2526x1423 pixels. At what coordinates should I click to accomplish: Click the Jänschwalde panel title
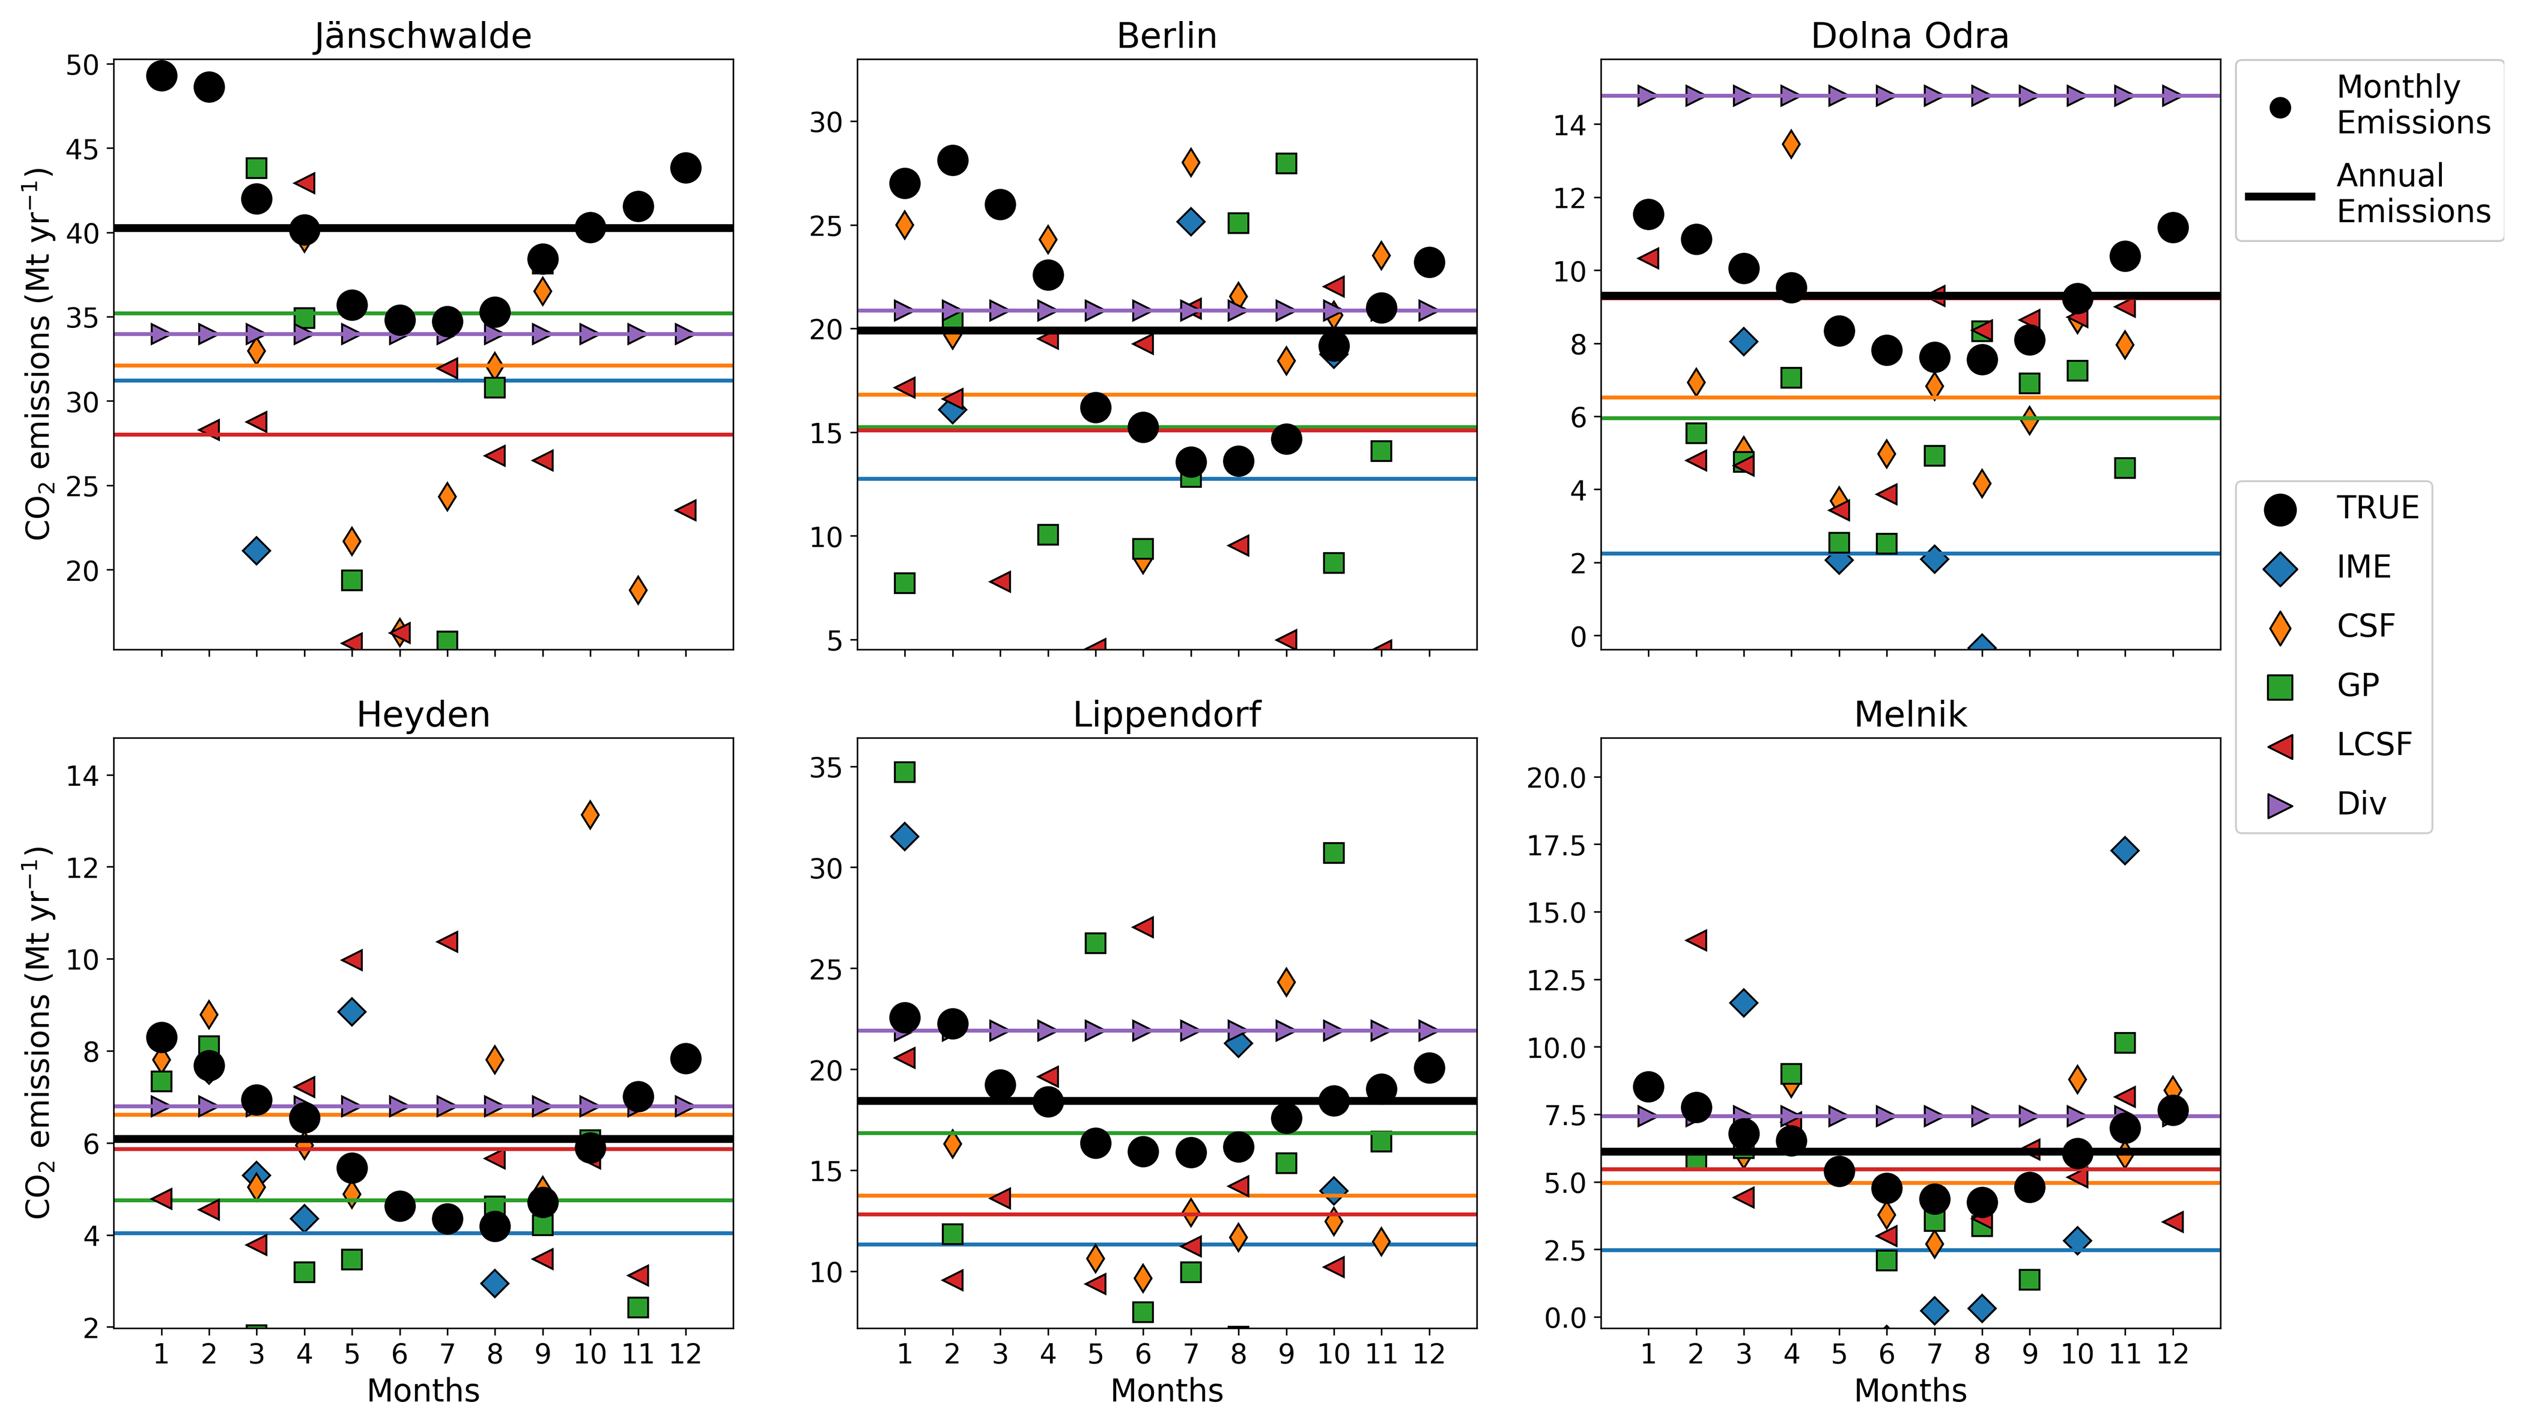point(423,36)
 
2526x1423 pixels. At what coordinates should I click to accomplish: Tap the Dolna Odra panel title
point(1909,36)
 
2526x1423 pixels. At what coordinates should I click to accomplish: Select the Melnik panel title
point(1909,714)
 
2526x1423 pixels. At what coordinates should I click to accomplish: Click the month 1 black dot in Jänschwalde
point(162,76)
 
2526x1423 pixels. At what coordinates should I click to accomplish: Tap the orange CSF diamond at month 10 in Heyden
point(589,814)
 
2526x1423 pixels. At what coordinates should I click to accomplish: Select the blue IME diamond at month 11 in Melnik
point(2124,851)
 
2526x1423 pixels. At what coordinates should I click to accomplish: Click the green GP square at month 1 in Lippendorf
point(904,772)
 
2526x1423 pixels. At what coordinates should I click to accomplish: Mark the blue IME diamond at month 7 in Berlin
point(1191,222)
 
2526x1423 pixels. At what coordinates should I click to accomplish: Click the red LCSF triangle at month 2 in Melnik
point(1695,939)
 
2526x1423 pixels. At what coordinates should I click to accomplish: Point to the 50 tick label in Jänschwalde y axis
point(82,65)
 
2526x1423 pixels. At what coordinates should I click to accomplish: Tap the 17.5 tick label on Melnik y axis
point(1556,845)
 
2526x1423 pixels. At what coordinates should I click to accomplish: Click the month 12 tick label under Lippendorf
point(1428,1355)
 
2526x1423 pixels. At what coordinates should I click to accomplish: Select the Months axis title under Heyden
point(423,1391)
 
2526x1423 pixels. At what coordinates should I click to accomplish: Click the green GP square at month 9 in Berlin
point(1286,163)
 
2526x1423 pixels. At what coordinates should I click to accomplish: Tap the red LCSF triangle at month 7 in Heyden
point(447,941)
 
